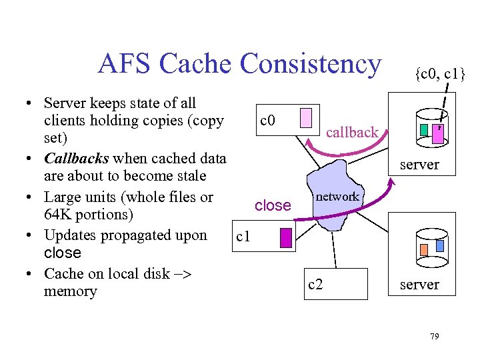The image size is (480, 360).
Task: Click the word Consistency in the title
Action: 311,64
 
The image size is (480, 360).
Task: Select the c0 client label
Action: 268,121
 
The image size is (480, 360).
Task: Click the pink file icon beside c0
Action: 306,118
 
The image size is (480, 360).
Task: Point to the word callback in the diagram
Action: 352,132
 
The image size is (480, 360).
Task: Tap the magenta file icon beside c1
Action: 286,238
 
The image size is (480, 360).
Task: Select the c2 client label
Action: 315,285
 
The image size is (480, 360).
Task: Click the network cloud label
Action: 337,196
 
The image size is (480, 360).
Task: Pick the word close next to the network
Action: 273,205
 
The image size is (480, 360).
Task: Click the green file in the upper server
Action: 424,129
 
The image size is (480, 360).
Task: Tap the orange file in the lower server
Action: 424,250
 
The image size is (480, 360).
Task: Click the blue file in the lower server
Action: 440,245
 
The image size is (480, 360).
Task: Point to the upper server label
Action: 419,164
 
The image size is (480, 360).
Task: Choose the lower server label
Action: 419,285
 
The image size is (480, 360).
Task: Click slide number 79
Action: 434,337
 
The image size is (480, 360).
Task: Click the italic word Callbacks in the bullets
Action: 77,158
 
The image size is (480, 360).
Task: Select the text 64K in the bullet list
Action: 57,215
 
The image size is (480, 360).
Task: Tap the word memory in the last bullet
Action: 70,291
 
